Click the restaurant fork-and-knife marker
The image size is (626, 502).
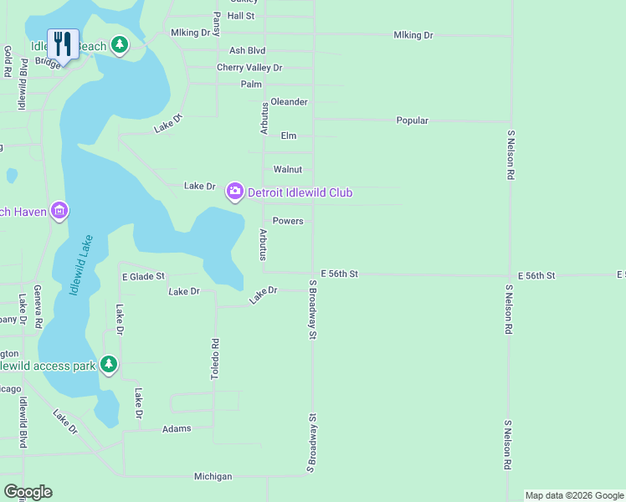[64, 43]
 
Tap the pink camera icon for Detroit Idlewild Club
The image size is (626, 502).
[234, 192]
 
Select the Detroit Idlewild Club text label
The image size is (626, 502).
[300, 193]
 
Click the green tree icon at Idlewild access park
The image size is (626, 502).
[109, 364]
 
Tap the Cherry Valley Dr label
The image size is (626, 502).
[249, 68]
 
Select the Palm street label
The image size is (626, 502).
[251, 85]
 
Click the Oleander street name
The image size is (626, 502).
[289, 102]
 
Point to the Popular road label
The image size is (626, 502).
[412, 120]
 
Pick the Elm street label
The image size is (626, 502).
[289, 136]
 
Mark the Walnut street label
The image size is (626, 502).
[287, 169]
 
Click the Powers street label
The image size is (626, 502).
[288, 222]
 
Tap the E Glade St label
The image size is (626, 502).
[144, 276]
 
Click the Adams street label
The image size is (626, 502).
[177, 428]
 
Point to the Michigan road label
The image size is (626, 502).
[213, 476]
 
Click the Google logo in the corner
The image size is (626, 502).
[28, 492]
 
